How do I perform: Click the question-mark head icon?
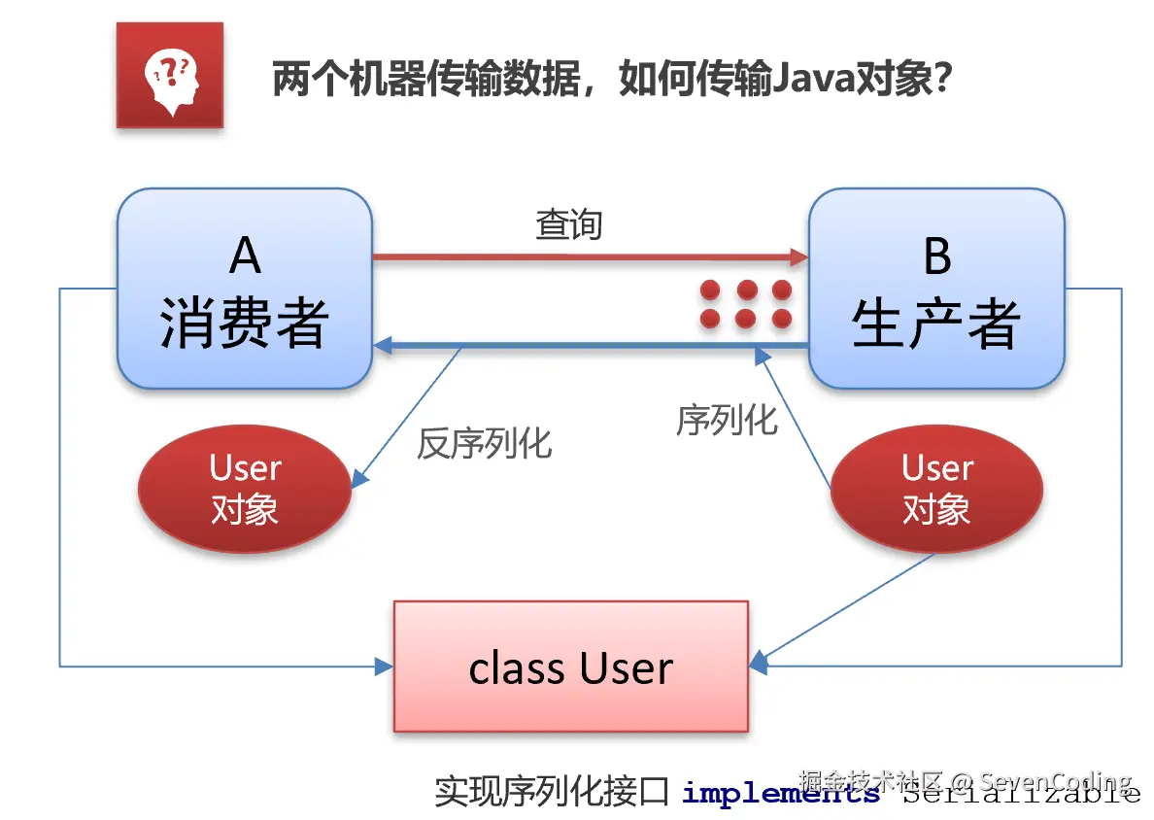(x=170, y=76)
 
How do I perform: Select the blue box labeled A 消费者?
(x=245, y=289)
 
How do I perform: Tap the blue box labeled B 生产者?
(x=936, y=289)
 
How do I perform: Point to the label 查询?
(x=569, y=225)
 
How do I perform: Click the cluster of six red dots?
(x=746, y=303)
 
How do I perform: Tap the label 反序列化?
(x=484, y=443)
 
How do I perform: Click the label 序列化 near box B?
(x=727, y=420)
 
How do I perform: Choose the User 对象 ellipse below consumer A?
(x=245, y=489)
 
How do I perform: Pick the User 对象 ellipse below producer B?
(x=936, y=489)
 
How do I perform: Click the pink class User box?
(x=570, y=666)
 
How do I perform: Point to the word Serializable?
(x=1021, y=794)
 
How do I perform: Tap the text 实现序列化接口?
(x=551, y=792)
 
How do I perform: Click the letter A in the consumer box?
(x=245, y=256)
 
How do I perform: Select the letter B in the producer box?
(x=936, y=256)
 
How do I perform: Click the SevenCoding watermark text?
(x=1055, y=781)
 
